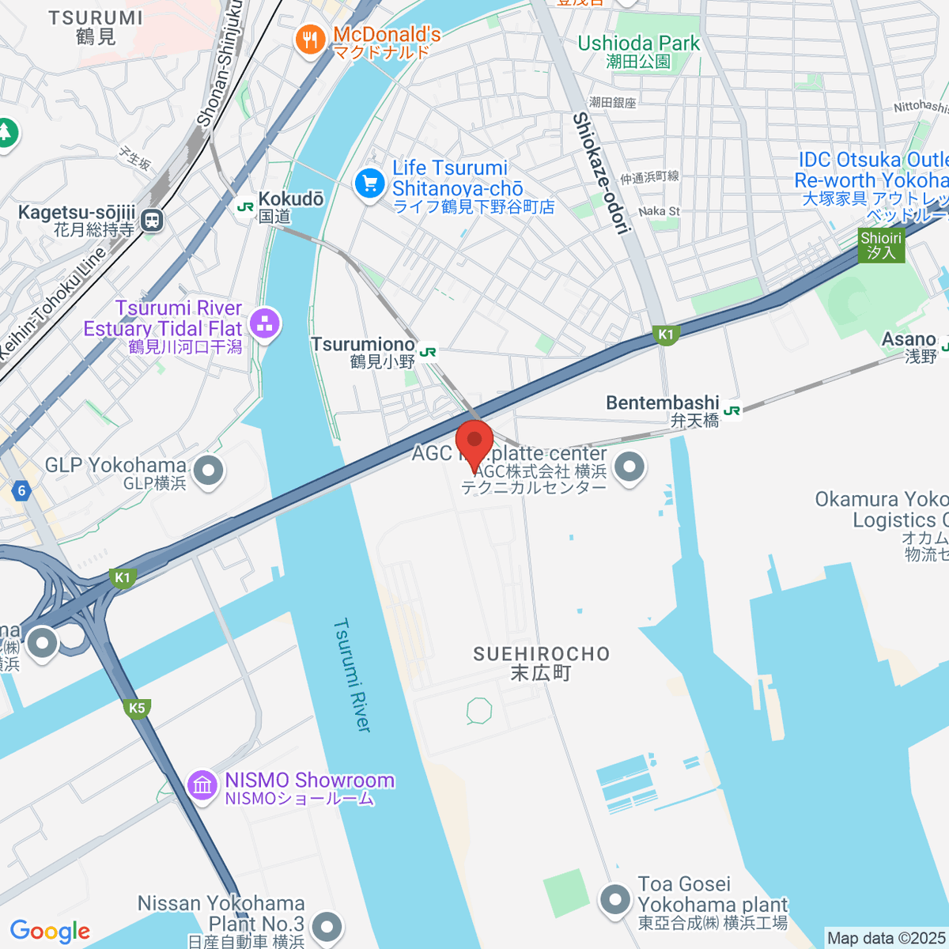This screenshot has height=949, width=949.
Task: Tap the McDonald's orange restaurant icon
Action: click(x=310, y=40)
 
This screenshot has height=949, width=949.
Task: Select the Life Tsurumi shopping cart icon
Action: click(x=369, y=184)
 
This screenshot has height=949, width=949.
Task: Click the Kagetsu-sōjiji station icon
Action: click(x=153, y=221)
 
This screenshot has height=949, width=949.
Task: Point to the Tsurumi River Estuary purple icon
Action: click(x=264, y=323)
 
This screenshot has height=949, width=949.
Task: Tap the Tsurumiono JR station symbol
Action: click(x=428, y=352)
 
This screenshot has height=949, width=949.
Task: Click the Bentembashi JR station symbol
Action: click(x=732, y=410)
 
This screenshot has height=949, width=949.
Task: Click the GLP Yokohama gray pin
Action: click(x=209, y=471)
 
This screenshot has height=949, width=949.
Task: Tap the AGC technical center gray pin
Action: click(x=630, y=466)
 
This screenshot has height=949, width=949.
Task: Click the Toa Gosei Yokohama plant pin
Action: click(x=614, y=899)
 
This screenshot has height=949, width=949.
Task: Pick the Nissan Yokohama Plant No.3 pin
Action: click(x=326, y=925)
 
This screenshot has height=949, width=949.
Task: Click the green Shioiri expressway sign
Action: click(x=881, y=245)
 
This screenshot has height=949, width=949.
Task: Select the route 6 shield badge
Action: click(x=21, y=490)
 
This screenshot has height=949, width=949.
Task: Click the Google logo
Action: click(x=50, y=932)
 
